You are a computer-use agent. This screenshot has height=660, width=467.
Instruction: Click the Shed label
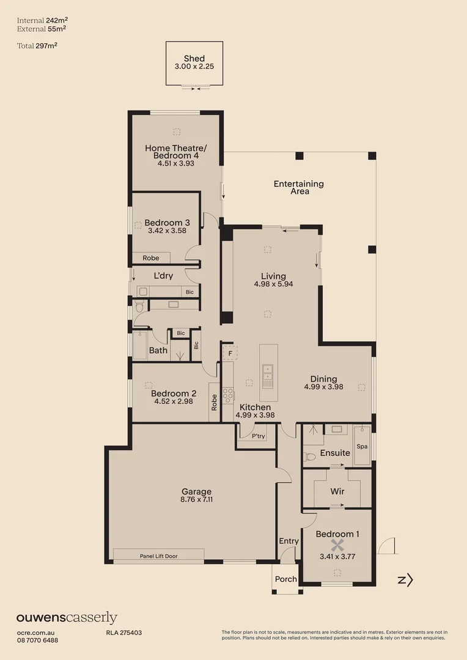pyautogui.click(x=194, y=59)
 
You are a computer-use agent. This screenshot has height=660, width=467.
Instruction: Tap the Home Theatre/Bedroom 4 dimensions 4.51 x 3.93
pyautogui.click(x=175, y=164)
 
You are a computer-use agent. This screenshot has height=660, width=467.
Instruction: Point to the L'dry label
pyautogui.click(x=163, y=276)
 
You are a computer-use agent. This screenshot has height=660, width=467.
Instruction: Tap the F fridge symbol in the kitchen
pyautogui.click(x=230, y=353)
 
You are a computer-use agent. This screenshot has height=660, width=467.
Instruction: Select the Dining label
pyautogui.click(x=323, y=379)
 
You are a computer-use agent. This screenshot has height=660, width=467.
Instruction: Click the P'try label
pyautogui.click(x=258, y=436)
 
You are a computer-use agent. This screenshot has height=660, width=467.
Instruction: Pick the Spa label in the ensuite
pyautogui.click(x=362, y=447)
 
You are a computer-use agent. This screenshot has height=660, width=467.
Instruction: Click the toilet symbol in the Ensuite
pyautogui.click(x=310, y=456)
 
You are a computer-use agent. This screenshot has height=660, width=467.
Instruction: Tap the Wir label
pyautogui.click(x=337, y=491)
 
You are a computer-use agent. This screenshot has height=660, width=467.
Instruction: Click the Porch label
pyautogui.click(x=285, y=579)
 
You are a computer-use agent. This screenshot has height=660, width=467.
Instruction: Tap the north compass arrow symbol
pyautogui.click(x=405, y=580)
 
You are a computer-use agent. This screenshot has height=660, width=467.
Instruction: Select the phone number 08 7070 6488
pyautogui.click(x=37, y=640)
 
